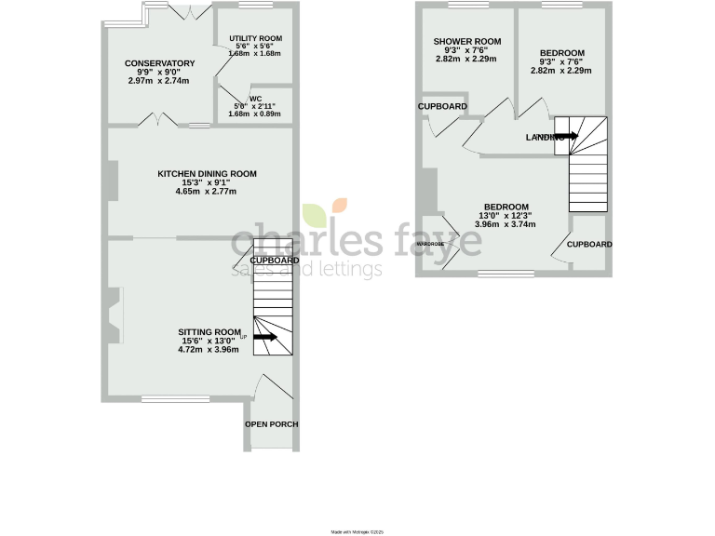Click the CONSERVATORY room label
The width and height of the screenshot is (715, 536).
click(160, 63)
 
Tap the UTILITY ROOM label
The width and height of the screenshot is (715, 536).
click(255, 38)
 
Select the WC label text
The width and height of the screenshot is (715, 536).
click(254, 100)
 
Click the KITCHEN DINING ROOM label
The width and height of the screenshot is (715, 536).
click(207, 174)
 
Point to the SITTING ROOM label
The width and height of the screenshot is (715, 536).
click(209, 331)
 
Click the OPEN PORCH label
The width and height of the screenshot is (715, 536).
click(272, 424)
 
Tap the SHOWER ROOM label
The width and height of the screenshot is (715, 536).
click(467, 42)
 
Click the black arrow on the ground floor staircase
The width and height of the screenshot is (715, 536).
click(265, 337)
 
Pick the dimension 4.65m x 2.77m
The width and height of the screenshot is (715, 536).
click(207, 192)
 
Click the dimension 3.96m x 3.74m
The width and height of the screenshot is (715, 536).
click(506, 224)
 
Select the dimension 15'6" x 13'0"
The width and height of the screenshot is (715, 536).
click(209, 341)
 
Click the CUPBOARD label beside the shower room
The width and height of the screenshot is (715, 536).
click(442, 107)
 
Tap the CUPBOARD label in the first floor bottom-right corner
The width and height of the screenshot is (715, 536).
click(589, 244)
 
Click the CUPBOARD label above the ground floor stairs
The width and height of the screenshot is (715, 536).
click(275, 261)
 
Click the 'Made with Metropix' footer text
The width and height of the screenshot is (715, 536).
click(357, 531)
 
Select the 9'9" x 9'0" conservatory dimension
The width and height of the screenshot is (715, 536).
click(159, 73)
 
